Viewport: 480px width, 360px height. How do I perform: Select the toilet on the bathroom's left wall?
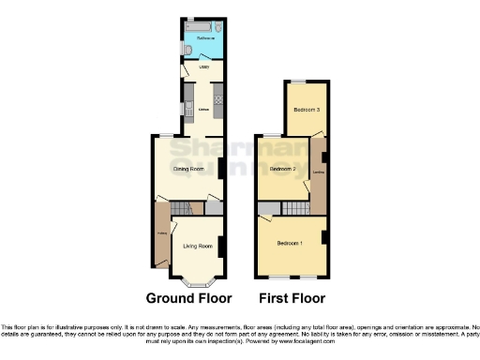[187, 48]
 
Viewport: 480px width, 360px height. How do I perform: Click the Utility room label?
[202, 68]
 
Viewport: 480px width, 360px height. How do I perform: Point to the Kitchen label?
[202, 109]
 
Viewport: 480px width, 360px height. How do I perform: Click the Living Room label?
[198, 247]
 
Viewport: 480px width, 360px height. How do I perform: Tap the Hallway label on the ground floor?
[161, 234]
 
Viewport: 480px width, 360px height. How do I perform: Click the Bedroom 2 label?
[282, 169]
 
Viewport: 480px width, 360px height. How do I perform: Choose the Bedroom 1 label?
[289, 244]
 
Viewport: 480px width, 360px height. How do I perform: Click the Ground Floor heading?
[188, 299]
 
